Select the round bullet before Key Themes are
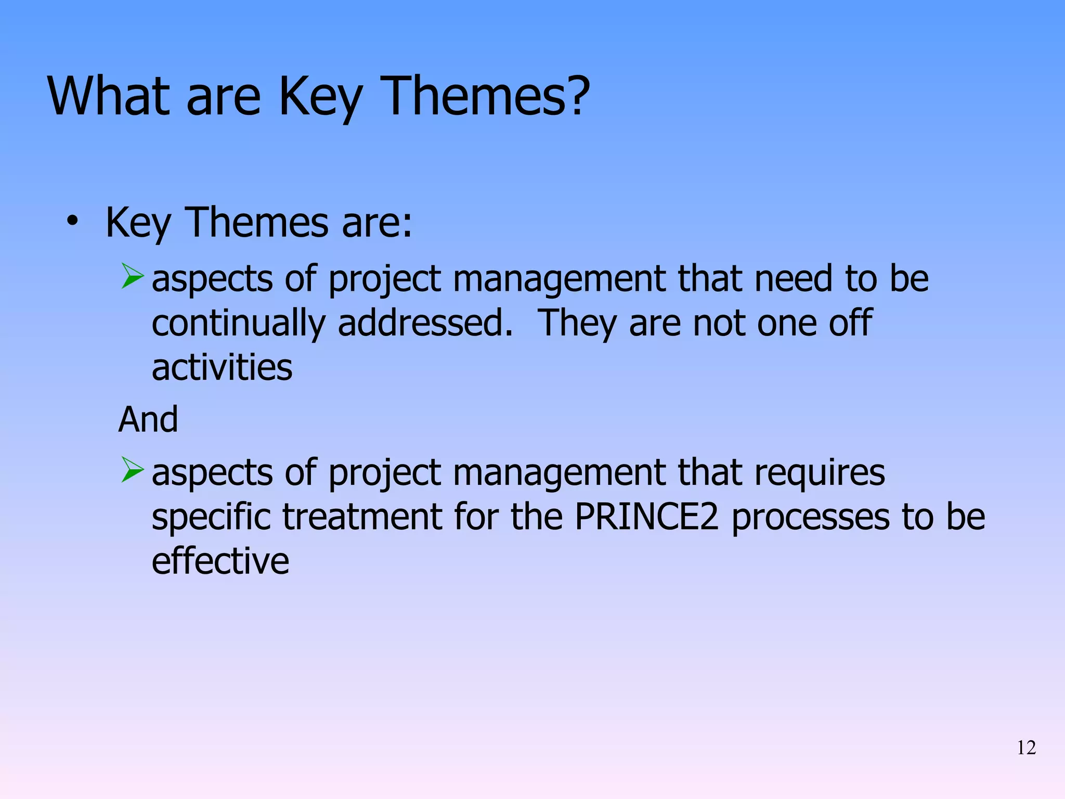click(72, 222)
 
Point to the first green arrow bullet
click(132, 276)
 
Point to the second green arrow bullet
click(132, 469)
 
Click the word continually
click(238, 324)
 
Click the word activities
click(222, 368)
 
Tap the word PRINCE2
click(646, 517)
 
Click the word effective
click(220, 561)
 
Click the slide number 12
click(1026, 748)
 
